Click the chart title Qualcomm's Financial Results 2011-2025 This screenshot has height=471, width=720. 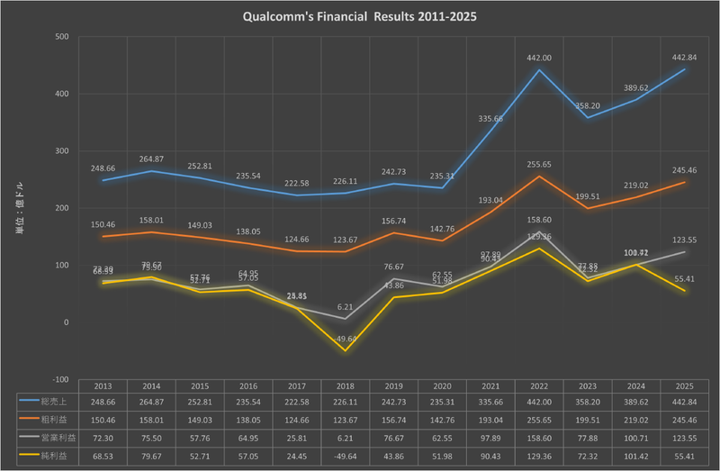tap(359, 17)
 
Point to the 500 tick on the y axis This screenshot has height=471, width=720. tap(62, 37)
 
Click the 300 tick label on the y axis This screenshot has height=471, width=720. tap(62, 151)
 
